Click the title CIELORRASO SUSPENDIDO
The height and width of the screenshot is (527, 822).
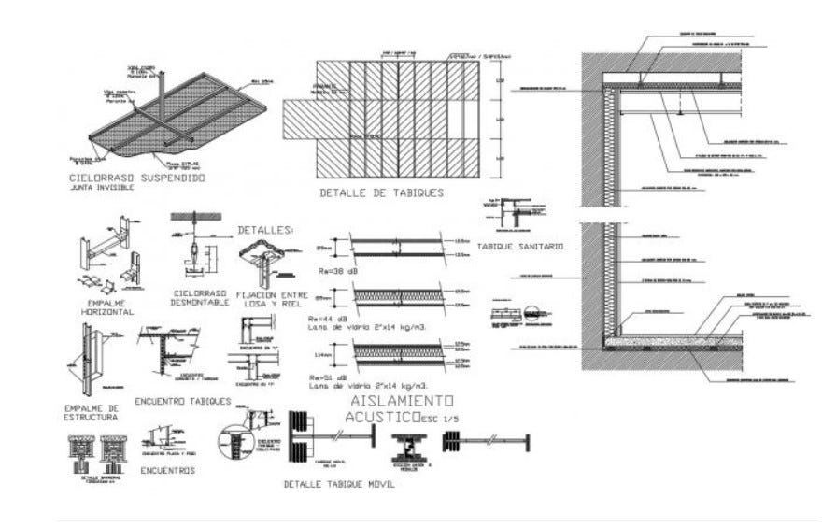point(137,177)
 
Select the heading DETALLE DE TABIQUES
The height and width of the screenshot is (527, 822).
point(381,193)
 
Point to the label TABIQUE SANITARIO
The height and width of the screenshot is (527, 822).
point(519,247)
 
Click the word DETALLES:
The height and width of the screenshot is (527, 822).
point(266,230)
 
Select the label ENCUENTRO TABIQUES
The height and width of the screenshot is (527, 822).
point(183,401)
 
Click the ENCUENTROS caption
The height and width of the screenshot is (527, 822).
point(168,471)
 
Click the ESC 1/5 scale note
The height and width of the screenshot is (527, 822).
point(441,417)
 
